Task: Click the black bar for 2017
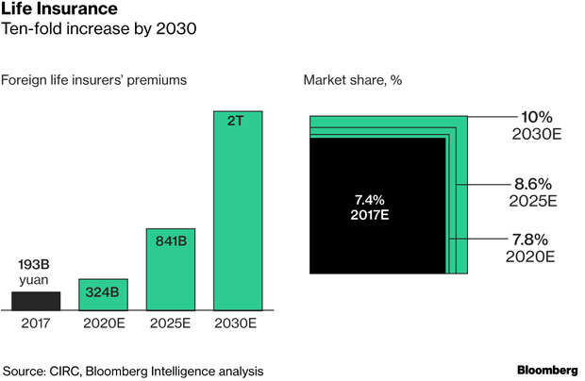(36, 300)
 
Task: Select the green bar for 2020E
(103, 294)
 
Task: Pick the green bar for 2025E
(170, 269)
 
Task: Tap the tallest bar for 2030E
(238, 210)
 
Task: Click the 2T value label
(238, 122)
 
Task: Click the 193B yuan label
(35, 272)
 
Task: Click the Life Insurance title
(58, 10)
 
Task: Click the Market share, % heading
(353, 80)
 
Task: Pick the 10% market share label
(536, 117)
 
